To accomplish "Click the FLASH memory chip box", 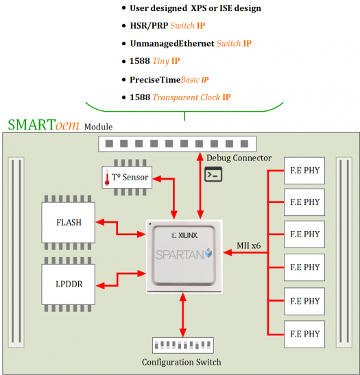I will coord(69,222).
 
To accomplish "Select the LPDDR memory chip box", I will coord(69,283).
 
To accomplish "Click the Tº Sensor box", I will coord(125,178).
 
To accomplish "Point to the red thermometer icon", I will coord(108,178).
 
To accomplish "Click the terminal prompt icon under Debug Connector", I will coord(213,174).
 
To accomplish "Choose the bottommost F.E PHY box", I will coord(304,335).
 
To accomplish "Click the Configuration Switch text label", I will coord(181,362).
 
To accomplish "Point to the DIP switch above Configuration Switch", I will coord(181,345).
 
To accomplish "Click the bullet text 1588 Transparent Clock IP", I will coord(180,97).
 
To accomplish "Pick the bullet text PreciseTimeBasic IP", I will coord(169,79).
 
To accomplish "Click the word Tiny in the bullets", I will coord(162,61).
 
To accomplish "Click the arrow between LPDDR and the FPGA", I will coord(121,278).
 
